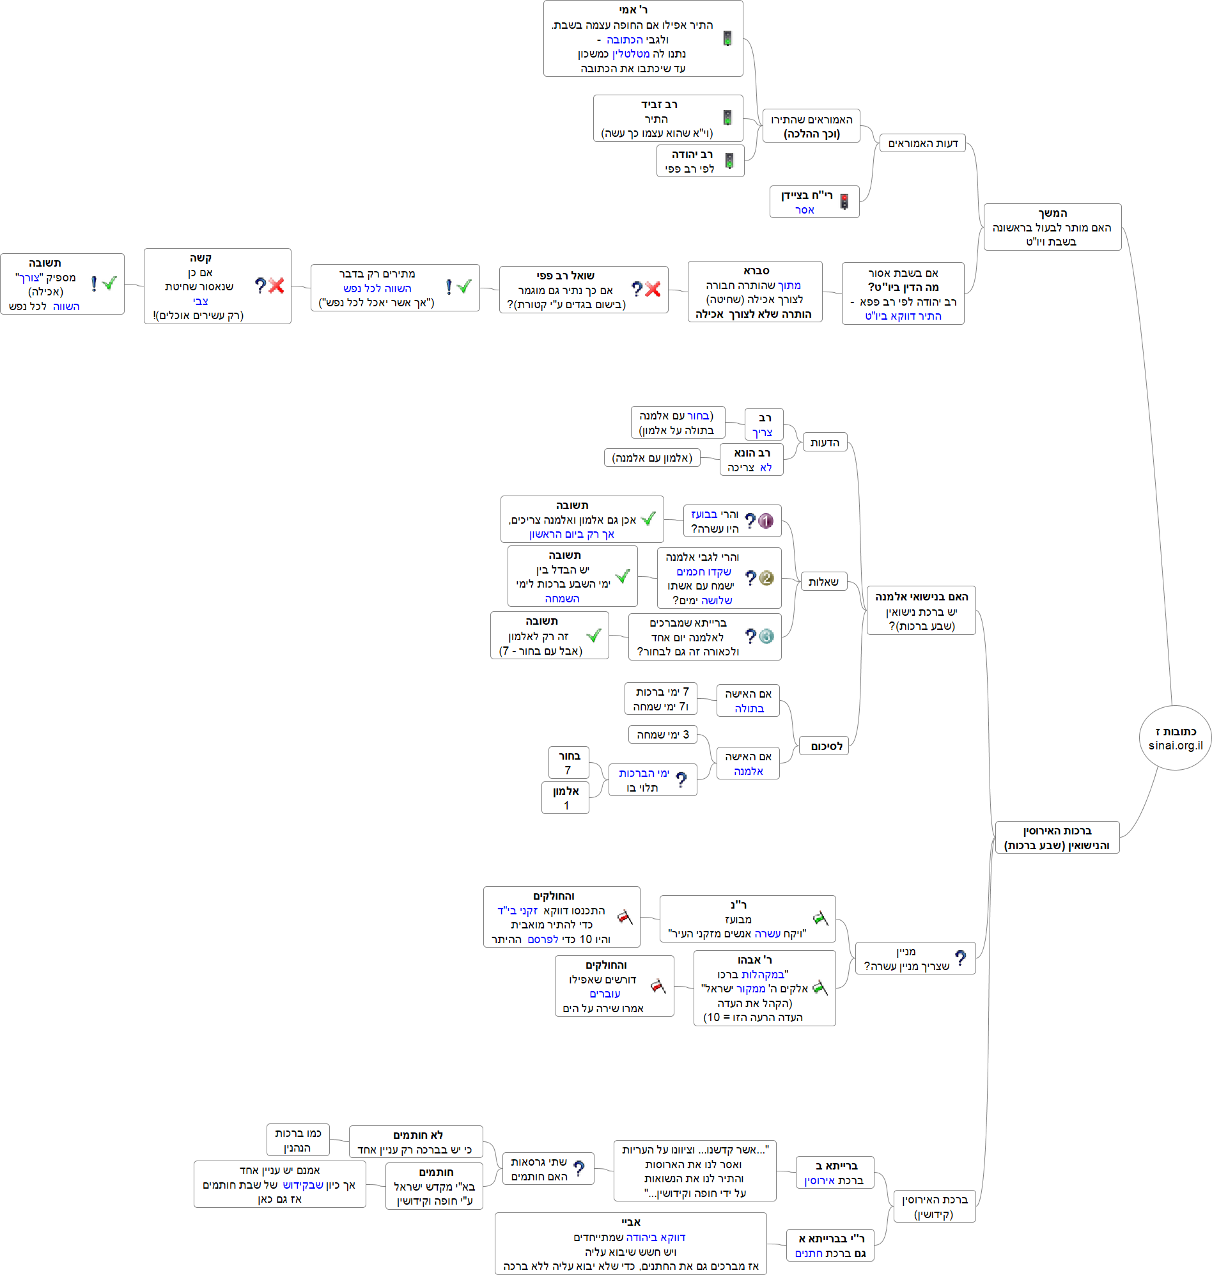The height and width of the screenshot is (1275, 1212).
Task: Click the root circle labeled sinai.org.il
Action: point(1174,738)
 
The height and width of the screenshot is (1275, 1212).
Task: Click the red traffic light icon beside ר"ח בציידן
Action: point(844,202)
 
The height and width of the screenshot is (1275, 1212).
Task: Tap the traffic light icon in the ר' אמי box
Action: point(727,39)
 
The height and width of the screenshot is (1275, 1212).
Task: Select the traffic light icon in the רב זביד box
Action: point(727,118)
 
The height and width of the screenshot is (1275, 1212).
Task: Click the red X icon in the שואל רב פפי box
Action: point(653,290)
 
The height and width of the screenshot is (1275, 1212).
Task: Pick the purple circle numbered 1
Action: point(766,521)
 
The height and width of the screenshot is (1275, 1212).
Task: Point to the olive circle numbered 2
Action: point(766,578)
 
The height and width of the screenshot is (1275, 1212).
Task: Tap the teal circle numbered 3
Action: point(766,636)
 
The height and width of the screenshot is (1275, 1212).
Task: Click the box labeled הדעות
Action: point(825,442)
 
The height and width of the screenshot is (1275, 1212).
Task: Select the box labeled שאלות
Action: point(823,582)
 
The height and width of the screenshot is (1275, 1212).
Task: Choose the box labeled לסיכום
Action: point(824,746)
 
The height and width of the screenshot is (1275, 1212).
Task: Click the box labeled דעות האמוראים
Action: point(922,143)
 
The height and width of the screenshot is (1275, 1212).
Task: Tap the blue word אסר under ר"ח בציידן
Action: point(804,210)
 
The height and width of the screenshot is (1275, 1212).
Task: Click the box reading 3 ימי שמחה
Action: point(663,735)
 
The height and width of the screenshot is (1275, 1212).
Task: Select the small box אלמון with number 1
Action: point(565,798)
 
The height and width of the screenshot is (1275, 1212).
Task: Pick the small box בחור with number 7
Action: point(568,763)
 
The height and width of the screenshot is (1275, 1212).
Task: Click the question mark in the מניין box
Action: point(960,958)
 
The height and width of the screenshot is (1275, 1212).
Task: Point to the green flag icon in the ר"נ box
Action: point(820,918)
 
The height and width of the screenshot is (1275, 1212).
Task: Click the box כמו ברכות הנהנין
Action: point(298,1141)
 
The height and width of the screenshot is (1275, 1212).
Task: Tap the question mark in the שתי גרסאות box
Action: point(579,1168)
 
